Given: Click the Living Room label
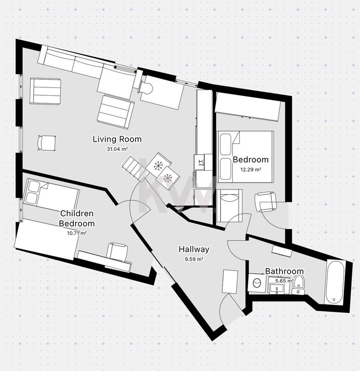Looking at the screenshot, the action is tap(117, 139).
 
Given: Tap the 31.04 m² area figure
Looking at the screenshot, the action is tap(117, 149).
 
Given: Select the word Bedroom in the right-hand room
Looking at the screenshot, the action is tap(251, 160).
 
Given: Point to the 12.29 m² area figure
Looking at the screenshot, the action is tap(251, 170).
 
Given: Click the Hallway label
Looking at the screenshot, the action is tap(194, 249).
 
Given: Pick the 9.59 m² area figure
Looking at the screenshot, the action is tap(194, 259).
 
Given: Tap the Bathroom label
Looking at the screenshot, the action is tap(284, 271).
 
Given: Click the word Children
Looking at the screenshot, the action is tap(77, 214).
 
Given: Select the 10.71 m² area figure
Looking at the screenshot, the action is tap(77, 233).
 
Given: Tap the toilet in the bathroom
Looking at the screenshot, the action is tap(299, 285).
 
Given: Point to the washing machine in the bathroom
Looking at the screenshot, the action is tap(257, 283).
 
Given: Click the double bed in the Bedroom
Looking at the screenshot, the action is tap(246, 157).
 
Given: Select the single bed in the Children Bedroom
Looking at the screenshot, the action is tap(51, 195).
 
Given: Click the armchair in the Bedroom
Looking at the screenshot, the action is tap(266, 202).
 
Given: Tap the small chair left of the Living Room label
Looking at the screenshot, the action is tap(46, 143).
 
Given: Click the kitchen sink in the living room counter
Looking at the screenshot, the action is tap(201, 162).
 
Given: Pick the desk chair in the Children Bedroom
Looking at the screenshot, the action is tap(117, 252).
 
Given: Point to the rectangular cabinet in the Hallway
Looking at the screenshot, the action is tap(230, 282).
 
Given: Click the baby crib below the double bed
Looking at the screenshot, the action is tap(230, 205).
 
